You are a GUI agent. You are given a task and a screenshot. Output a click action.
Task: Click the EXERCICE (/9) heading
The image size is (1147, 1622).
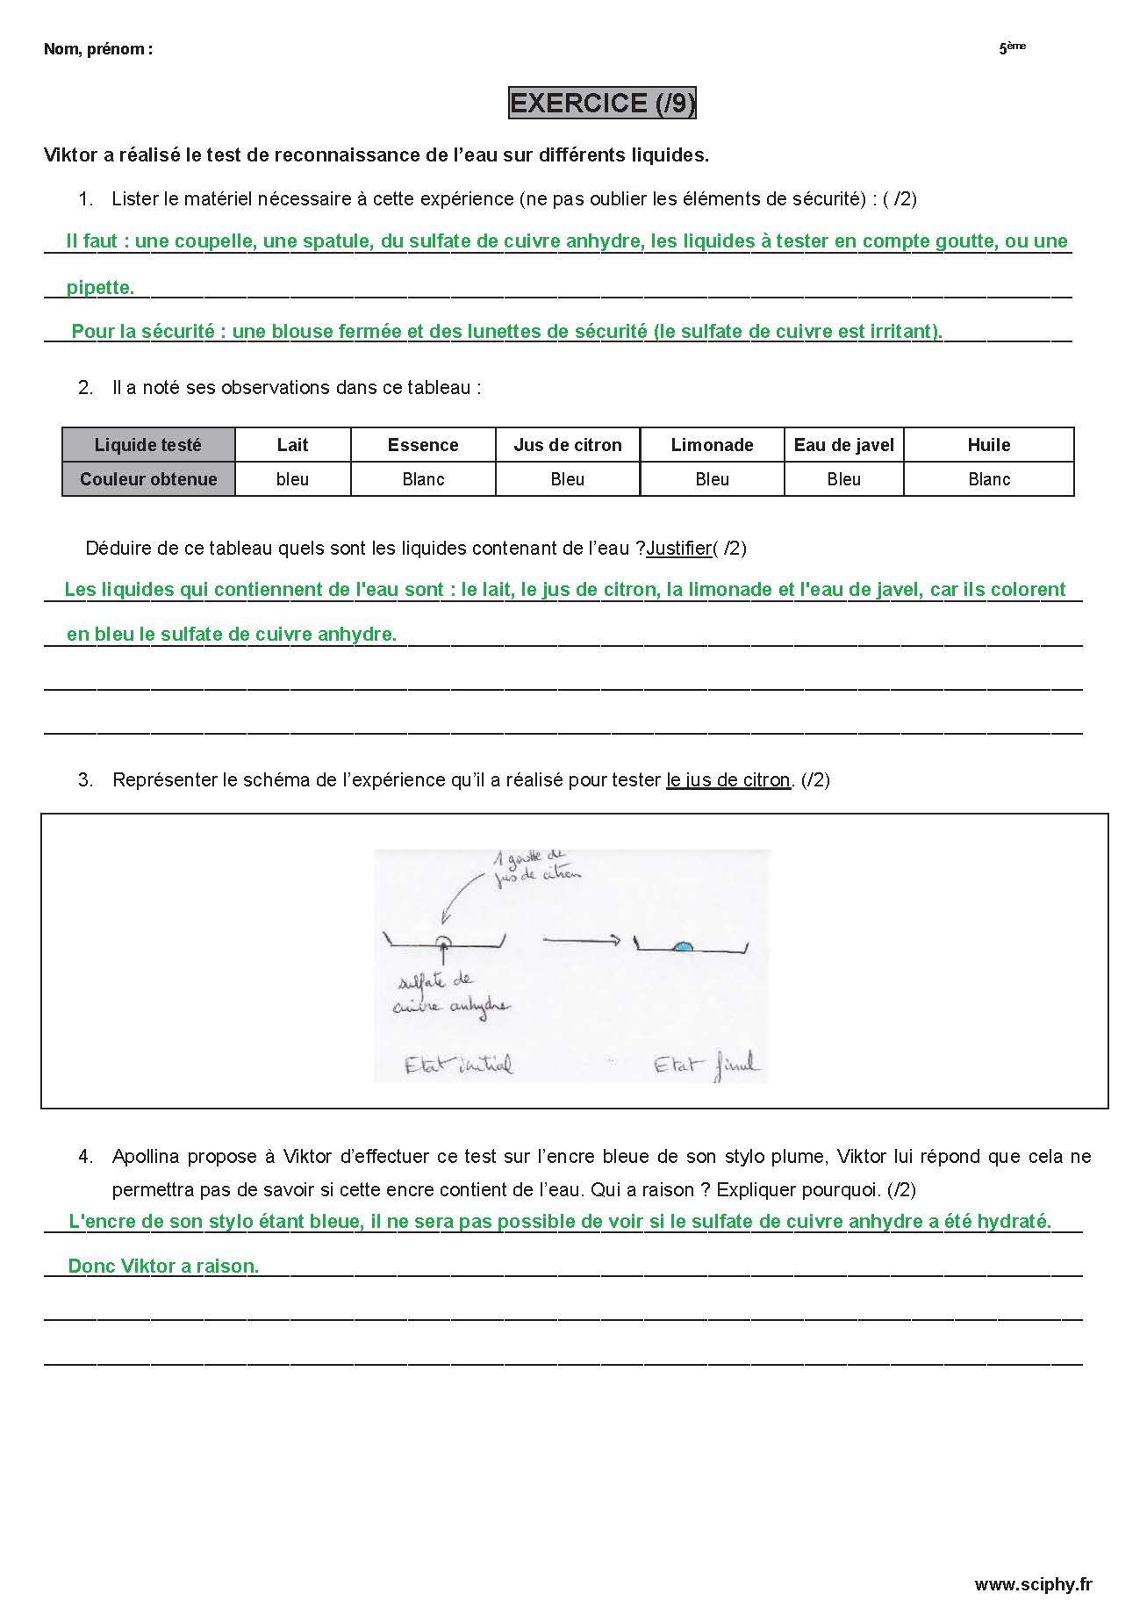pyautogui.click(x=602, y=103)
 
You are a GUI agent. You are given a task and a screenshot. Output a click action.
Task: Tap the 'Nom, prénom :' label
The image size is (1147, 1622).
pyautogui.click(x=97, y=49)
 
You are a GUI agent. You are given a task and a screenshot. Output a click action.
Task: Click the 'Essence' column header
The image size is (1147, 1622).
pyautogui.click(x=423, y=445)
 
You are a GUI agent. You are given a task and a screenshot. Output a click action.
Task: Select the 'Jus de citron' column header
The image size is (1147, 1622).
pyautogui.click(x=568, y=445)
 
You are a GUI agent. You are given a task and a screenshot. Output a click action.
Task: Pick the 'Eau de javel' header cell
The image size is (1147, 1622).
pyautogui.click(x=843, y=445)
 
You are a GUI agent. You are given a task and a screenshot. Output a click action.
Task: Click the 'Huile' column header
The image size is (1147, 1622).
pyautogui.click(x=988, y=445)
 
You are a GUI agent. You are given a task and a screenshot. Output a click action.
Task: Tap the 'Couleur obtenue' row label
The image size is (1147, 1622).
pyautogui.click(x=148, y=479)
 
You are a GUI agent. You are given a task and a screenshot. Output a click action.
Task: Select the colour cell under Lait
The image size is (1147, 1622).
pyautogui.click(x=292, y=479)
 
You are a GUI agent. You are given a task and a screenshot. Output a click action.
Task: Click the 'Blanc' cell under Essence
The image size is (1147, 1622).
pyautogui.click(x=423, y=479)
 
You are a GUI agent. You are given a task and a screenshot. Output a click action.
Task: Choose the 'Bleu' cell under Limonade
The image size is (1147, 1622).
pyautogui.click(x=712, y=479)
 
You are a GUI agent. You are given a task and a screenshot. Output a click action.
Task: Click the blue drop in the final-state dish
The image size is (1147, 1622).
pyautogui.click(x=683, y=946)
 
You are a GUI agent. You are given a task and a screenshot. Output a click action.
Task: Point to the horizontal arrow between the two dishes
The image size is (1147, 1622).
pyautogui.click(x=582, y=940)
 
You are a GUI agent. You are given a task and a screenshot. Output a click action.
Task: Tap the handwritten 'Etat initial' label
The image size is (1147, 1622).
pyautogui.click(x=458, y=1066)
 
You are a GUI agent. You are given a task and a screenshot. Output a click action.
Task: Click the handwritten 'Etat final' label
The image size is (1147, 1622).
pyautogui.click(x=706, y=1066)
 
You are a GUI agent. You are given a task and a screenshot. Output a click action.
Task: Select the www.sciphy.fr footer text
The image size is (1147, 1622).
pyautogui.click(x=1033, y=1584)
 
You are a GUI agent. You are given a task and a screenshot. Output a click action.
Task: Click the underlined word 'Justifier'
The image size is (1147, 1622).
pyautogui.click(x=678, y=549)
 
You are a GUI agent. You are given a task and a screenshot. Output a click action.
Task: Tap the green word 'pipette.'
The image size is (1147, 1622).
pyautogui.click(x=100, y=287)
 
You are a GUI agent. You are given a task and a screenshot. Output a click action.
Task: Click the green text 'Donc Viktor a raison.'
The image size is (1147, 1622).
pyautogui.click(x=163, y=1266)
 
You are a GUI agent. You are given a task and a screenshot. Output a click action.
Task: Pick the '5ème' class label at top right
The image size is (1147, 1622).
pyautogui.click(x=1012, y=48)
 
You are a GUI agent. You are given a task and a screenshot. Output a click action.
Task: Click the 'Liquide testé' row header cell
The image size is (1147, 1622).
pyautogui.click(x=148, y=445)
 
